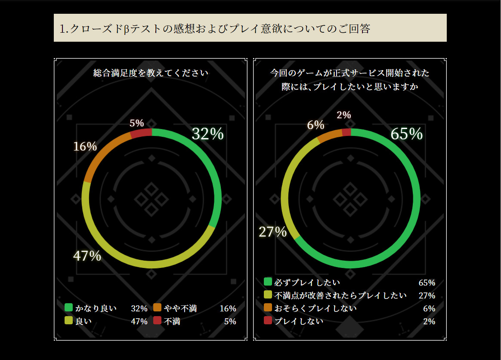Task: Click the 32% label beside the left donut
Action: point(207,134)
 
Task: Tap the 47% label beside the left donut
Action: point(87,256)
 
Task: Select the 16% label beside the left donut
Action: point(85,147)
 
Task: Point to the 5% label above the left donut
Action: point(137,123)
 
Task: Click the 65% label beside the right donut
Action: point(406,134)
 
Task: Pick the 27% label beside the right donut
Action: point(272,232)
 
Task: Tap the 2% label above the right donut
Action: point(344,115)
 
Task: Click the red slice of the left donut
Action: point(141,133)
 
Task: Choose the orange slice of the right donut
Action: point(330,135)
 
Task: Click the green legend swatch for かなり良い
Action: point(69,308)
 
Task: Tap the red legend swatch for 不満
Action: point(157,320)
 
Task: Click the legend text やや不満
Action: point(180,308)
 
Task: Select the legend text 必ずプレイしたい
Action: point(307,283)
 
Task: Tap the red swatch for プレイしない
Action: point(268,320)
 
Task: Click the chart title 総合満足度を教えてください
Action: point(151,73)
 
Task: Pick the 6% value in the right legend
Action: point(429,308)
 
